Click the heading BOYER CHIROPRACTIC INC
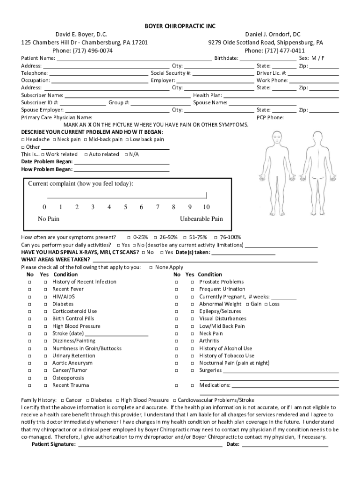(x=180, y=26)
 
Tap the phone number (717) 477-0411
(x=284, y=51)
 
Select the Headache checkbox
(x=23, y=140)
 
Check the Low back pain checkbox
(x=127, y=140)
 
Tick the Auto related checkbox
(x=86, y=155)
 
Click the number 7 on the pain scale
(x=158, y=207)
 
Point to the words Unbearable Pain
(x=202, y=219)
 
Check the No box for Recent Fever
(x=29, y=290)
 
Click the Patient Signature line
(x=150, y=444)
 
